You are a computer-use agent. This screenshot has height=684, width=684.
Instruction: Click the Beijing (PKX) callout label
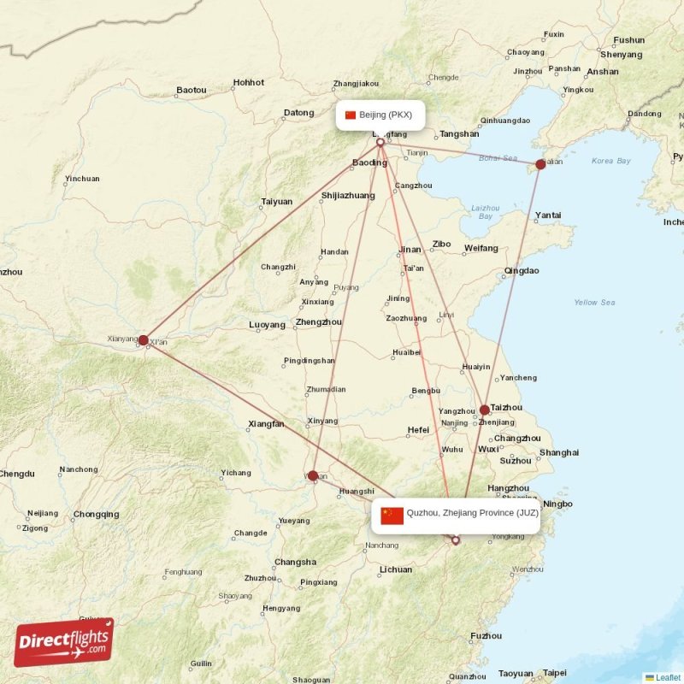point(380,115)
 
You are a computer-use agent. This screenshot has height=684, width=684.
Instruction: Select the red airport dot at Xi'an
point(144,340)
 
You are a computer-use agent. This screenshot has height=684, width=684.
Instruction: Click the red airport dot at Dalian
point(540,164)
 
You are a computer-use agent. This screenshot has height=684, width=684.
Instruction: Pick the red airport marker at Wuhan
point(313,475)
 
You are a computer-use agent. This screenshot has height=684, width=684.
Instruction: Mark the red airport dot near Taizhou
point(485,410)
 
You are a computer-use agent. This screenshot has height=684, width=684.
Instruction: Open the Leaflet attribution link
point(668,677)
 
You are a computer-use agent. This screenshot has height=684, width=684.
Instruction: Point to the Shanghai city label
point(559,452)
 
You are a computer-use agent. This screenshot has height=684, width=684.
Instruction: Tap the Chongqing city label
point(96,515)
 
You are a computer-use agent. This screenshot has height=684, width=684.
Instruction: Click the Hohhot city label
point(249,83)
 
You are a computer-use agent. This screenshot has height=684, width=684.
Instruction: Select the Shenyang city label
point(621,55)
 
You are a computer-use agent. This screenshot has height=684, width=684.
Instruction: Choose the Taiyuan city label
point(277,203)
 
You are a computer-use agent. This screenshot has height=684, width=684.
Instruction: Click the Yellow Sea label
point(594,303)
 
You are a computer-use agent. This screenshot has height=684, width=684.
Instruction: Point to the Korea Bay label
point(610,161)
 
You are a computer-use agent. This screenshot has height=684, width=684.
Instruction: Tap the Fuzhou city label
point(486,636)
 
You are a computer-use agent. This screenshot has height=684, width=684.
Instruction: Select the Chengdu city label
point(16,474)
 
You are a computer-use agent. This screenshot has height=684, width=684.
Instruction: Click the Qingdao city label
point(522,271)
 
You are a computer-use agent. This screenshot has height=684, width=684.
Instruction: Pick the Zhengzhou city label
point(318,322)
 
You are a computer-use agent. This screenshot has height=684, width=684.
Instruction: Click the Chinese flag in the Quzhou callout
point(392,515)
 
